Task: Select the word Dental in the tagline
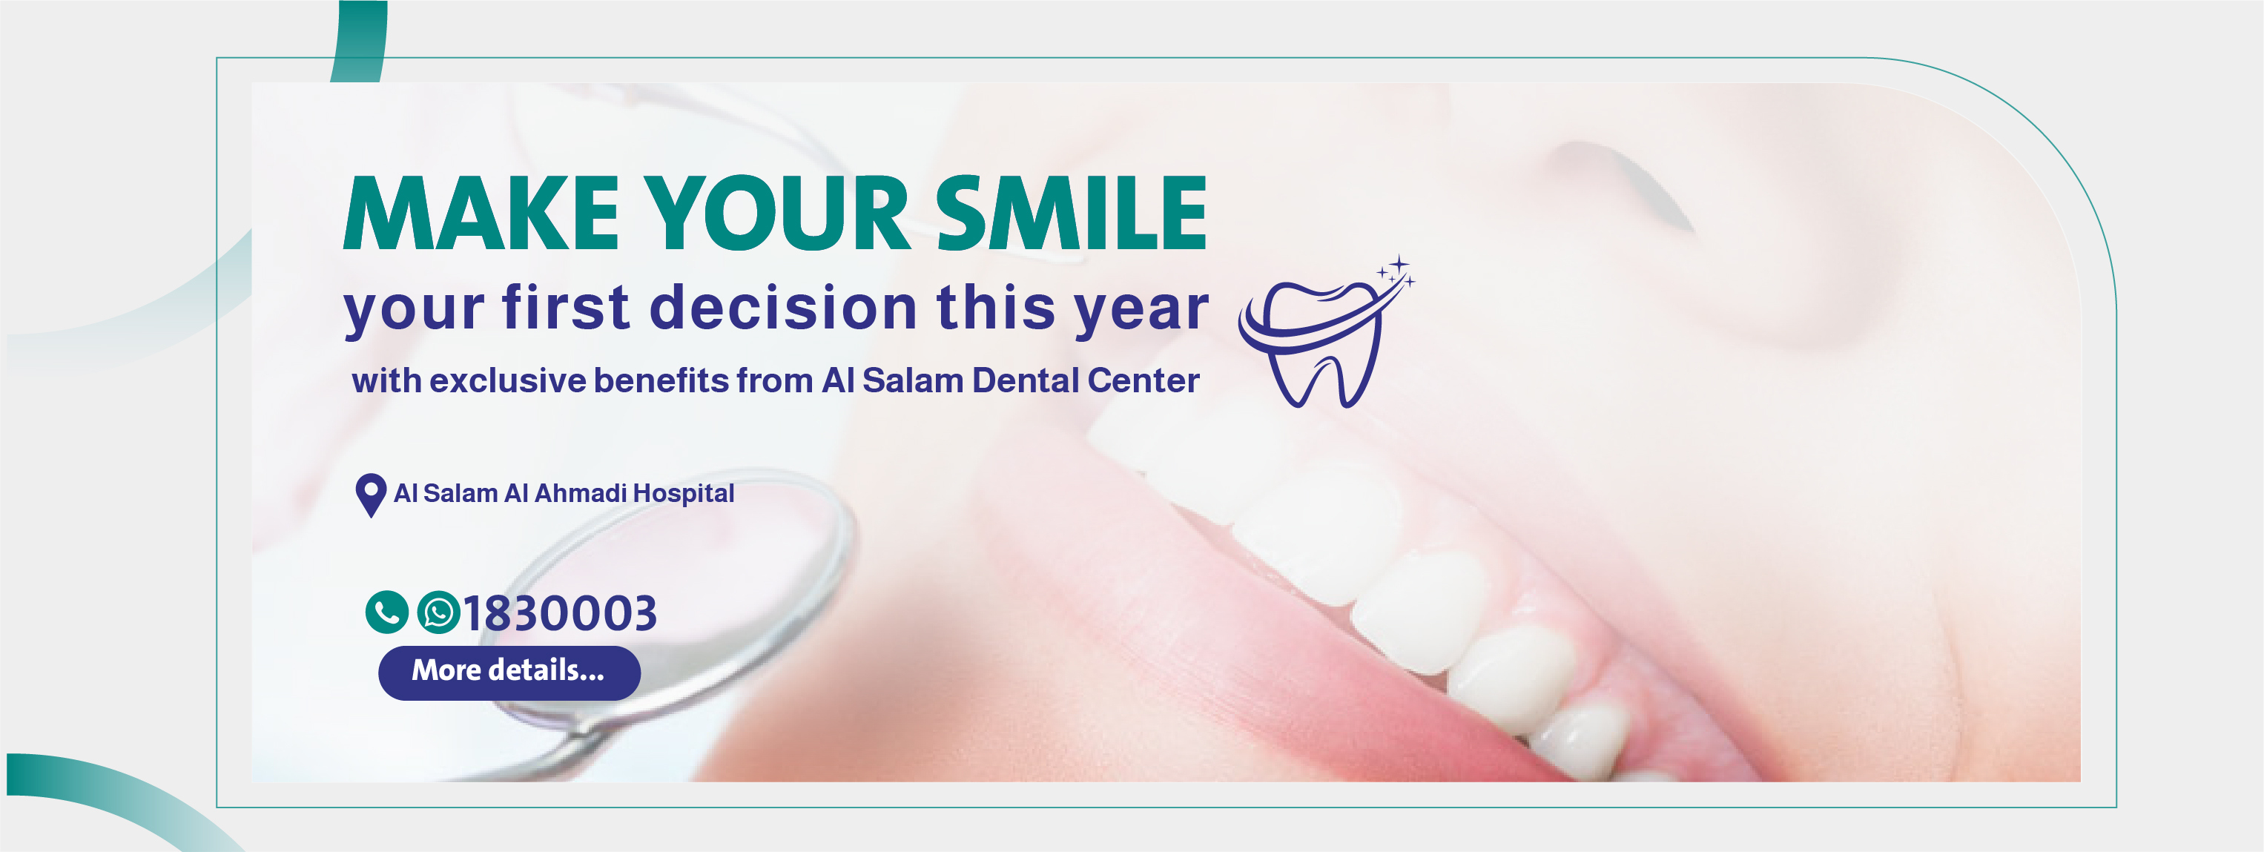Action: (1025, 380)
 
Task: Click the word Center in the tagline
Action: (1143, 380)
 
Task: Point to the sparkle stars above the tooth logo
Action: (1396, 271)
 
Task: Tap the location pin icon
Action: (371, 495)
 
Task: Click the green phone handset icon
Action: (386, 612)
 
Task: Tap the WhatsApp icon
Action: (438, 612)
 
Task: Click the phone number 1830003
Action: (560, 612)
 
